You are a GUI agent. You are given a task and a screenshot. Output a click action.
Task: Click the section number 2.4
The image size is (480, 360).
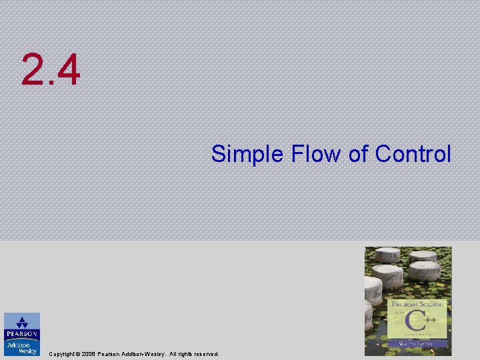pos(51,71)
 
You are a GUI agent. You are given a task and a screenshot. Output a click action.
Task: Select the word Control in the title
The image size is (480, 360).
pos(413,154)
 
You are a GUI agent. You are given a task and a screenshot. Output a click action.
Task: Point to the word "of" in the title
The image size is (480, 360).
pos(359,154)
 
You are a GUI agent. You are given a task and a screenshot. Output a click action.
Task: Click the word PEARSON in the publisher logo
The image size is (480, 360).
pos(22,334)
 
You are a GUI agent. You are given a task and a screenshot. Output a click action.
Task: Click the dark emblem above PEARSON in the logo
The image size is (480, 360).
pos(22,321)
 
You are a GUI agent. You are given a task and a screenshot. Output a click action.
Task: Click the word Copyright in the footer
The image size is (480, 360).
pos(64,354)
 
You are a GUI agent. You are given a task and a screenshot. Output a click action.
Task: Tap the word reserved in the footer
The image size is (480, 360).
pos(205,354)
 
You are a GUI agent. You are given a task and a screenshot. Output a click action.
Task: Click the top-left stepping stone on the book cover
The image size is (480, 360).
pos(387,255)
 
